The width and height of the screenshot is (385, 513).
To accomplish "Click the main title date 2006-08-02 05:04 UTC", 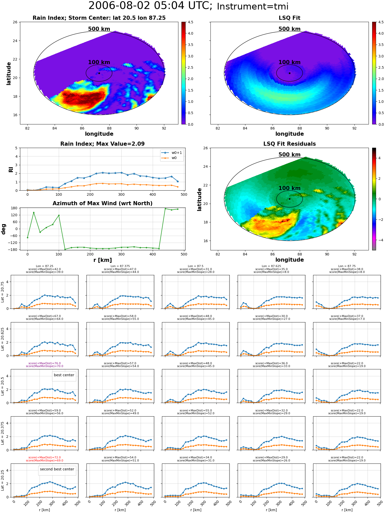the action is pos(150,6).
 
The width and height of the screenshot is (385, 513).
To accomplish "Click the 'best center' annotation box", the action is pos(64,376).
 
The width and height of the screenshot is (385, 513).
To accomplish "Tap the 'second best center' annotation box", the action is pos(57,470).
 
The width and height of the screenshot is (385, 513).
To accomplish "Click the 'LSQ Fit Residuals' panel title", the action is pos(290,144).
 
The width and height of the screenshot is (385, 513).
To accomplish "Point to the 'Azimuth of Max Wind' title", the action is pos(102,203).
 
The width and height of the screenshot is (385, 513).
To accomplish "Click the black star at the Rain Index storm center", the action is pos(99,73).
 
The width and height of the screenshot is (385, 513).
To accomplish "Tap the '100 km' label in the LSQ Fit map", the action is pos(290,62).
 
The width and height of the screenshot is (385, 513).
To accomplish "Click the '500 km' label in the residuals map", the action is pos(290,155).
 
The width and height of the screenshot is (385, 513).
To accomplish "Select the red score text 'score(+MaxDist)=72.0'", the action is pos(45,457).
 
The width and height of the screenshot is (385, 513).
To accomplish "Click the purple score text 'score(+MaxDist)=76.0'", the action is pos(45,363).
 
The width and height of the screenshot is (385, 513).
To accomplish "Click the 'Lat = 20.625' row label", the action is pos(3,339).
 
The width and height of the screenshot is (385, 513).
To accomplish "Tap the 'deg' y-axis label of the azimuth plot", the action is pos(4,229).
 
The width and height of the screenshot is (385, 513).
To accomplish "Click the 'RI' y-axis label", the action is pos(11,170).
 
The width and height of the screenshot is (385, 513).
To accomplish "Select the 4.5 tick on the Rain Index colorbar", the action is pos(190,22).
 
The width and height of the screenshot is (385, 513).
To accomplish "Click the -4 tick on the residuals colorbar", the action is pos(379,240).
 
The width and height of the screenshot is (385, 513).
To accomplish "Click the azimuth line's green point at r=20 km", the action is pos(34,212).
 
